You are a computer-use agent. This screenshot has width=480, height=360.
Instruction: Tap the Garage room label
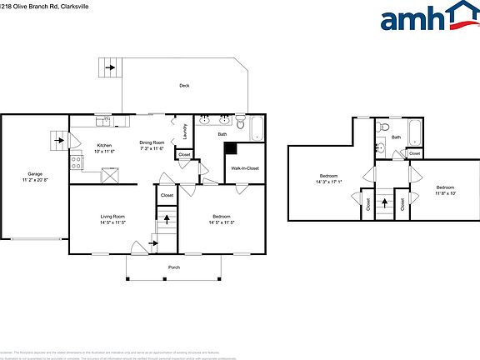click(x=35, y=174)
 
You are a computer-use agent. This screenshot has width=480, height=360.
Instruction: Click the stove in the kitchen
click(x=75, y=162)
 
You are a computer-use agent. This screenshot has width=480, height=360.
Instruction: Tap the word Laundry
click(x=182, y=132)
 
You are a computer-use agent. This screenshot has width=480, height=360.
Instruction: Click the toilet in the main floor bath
click(x=241, y=126)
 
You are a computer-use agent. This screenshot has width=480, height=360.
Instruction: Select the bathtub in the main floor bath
click(x=257, y=128)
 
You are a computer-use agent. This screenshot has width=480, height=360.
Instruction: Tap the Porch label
click(x=174, y=267)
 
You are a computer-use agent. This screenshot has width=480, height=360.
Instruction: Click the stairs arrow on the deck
click(x=107, y=67)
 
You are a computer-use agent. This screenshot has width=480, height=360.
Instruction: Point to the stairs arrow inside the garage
click(x=57, y=141)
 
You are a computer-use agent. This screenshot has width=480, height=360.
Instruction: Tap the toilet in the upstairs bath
click(x=381, y=127)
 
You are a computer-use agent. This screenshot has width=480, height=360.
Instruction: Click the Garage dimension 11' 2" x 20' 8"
click(x=35, y=180)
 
